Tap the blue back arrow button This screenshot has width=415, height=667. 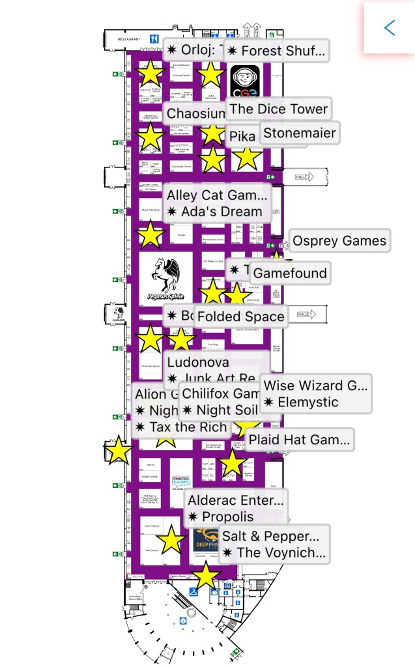tap(390, 27)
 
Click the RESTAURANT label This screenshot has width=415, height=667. tap(129, 39)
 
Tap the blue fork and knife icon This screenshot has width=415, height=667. tap(154, 38)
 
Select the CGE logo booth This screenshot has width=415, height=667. tap(245, 83)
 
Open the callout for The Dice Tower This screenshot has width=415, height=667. tap(278, 109)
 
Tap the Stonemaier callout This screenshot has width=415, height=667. tap(300, 134)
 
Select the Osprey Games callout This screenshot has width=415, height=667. tap(339, 240)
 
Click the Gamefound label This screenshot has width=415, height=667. tap(290, 272)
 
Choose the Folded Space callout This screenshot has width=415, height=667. tap(240, 317)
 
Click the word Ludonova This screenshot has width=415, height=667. tap(198, 362)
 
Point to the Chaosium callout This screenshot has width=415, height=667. tap(195, 114)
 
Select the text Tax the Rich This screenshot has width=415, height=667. tap(188, 427)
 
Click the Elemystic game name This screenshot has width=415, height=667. tap(308, 402)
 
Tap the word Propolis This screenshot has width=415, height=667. tap(227, 517)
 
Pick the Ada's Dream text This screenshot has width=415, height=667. tap(222, 212)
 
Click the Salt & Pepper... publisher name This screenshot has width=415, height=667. tap(270, 536)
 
